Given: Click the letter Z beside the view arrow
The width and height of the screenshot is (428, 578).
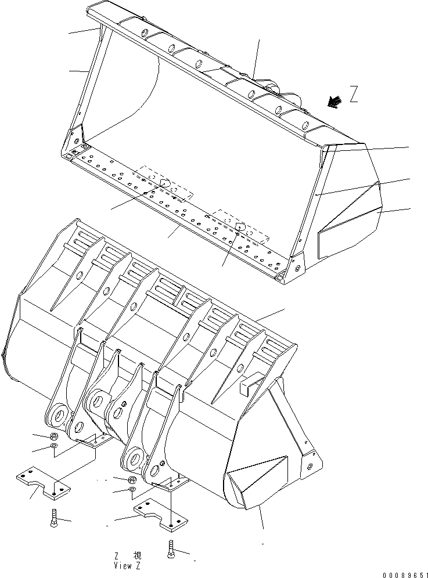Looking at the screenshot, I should coord(354,95).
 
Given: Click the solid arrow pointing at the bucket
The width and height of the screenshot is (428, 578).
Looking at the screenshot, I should coord(333,102).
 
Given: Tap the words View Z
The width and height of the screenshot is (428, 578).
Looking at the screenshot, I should coord(127,565).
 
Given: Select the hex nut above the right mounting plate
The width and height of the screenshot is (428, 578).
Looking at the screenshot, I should coord(131,480).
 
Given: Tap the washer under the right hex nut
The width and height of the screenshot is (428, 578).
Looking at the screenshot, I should coord(131,491).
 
